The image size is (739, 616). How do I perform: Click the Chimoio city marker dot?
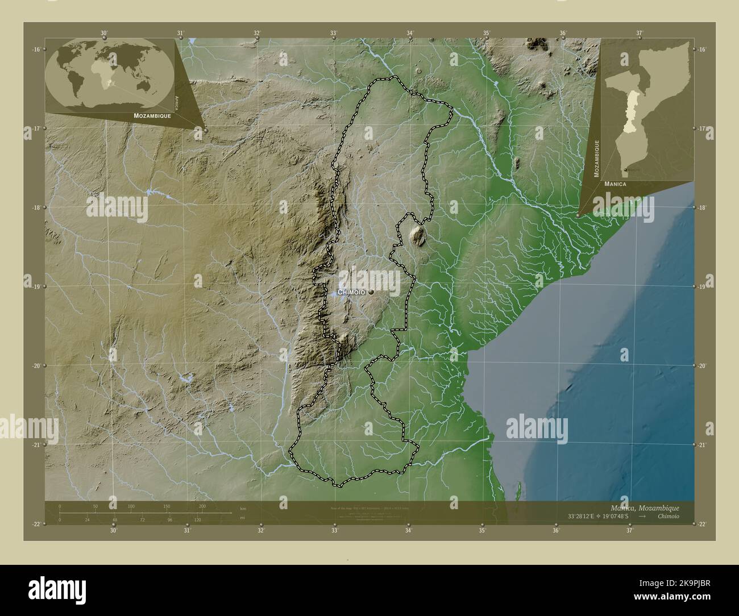click(x=371, y=292)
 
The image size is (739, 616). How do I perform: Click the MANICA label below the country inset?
click(x=615, y=184)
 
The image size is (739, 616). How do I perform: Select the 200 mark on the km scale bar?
click(x=202, y=506)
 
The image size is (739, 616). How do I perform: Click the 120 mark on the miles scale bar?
click(x=197, y=520)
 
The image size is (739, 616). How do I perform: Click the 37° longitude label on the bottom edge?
click(x=629, y=531)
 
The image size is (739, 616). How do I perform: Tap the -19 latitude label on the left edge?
click(x=36, y=287)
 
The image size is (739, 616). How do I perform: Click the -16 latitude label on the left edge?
click(x=36, y=49)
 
